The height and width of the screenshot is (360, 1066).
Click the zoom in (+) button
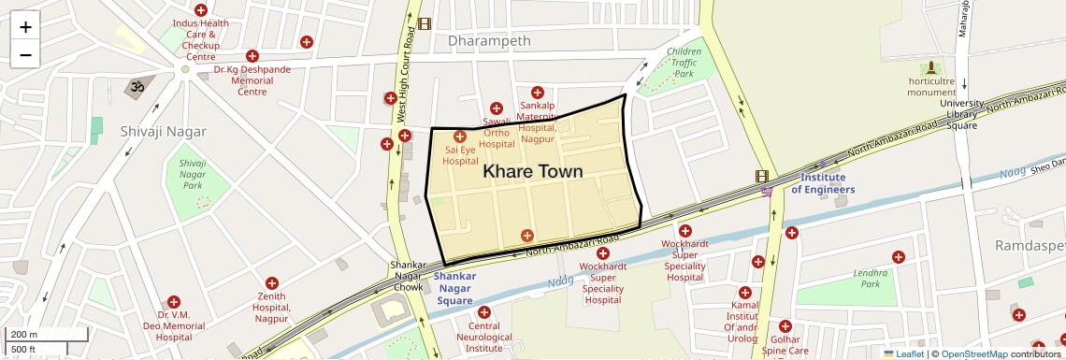point(25,27)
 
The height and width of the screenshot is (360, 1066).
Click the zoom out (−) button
point(25,54)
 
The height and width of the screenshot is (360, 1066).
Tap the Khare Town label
point(532,171)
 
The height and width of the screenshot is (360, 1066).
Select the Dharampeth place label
point(489,41)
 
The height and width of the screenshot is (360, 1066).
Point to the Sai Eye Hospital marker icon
point(460,137)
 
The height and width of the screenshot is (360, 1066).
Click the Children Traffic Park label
point(684,62)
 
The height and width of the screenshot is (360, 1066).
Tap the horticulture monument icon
point(930,68)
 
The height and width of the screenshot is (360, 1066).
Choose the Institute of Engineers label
point(823,183)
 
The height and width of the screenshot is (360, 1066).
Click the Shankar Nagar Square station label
point(455,288)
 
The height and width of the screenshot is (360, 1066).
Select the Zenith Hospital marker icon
point(272,282)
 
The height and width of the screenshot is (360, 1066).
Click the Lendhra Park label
point(871,278)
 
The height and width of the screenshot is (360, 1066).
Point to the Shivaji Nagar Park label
point(192,174)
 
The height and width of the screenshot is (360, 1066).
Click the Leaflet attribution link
point(903,353)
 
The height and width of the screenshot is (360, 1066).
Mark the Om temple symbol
point(136,87)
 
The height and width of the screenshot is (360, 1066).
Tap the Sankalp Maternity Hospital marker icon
point(537,92)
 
